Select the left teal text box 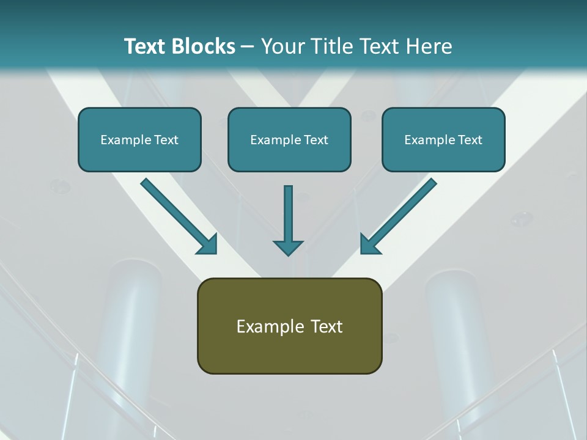pyautogui.click(x=139, y=139)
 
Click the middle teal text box pyautogui.click(x=289, y=139)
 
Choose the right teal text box pyautogui.click(x=443, y=139)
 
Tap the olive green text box pyautogui.click(x=289, y=326)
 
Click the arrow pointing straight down pyautogui.click(x=288, y=220)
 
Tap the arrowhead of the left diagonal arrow pyautogui.click(x=208, y=244)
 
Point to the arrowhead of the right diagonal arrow pyautogui.click(x=369, y=244)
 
